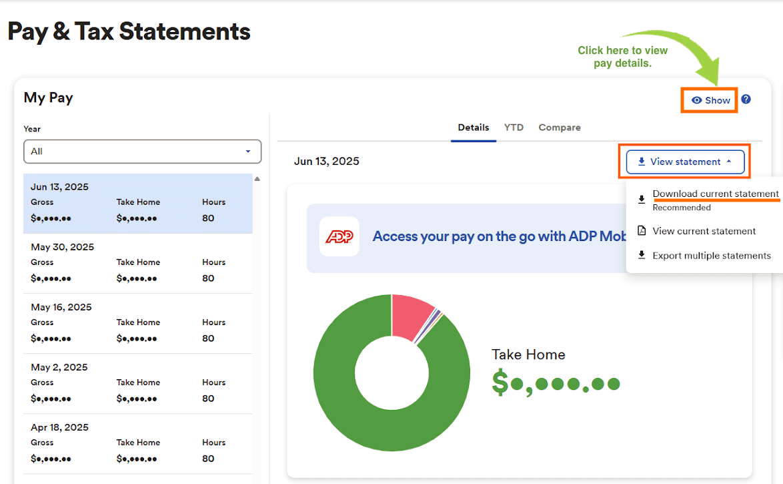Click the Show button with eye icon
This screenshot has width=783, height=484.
coord(711,100)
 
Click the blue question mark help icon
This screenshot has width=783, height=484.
coord(746,99)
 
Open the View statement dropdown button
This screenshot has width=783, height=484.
coord(685,162)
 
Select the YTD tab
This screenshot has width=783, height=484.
coord(514,128)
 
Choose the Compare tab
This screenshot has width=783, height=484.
coord(560,128)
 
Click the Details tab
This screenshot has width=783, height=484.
coord(474,128)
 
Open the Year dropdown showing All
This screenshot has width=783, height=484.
coord(142,152)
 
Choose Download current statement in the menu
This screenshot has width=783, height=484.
coord(715,194)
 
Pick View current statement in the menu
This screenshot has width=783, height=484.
coord(704,231)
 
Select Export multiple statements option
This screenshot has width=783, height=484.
coord(711,256)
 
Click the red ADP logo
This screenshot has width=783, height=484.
coord(339,236)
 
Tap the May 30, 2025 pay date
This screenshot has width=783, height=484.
coord(62,247)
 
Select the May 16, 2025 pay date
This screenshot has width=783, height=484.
coord(61,307)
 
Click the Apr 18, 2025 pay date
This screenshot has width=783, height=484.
coord(59,427)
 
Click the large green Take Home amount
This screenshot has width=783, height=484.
coord(556,383)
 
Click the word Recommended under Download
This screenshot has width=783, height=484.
coord(681,208)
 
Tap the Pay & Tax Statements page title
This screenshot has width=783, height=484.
coord(129,31)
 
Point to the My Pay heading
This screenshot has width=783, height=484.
coord(48,97)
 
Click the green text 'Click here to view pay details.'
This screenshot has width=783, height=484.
coord(622,57)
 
